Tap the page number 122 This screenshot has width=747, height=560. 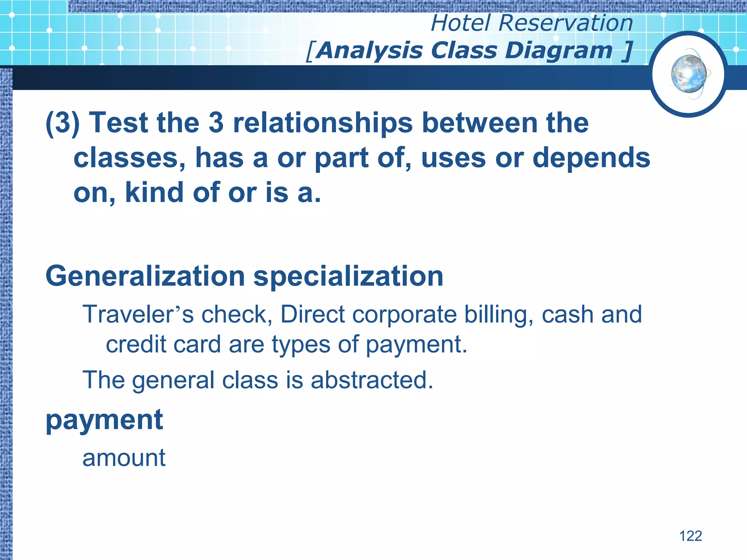pos(690,536)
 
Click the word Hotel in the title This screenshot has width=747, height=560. pos(461,23)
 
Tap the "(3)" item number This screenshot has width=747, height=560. pos(62,123)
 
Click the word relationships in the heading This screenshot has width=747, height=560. pos(323,123)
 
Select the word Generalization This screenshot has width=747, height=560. pos(145,276)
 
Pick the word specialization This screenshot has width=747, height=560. pos(348,276)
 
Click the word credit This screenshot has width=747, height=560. pos(136,344)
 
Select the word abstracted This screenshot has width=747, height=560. pos(372,380)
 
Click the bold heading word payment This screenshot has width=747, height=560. pos(104,420)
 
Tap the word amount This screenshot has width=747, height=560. pos(124,458)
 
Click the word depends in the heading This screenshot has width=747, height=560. pos(591,158)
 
